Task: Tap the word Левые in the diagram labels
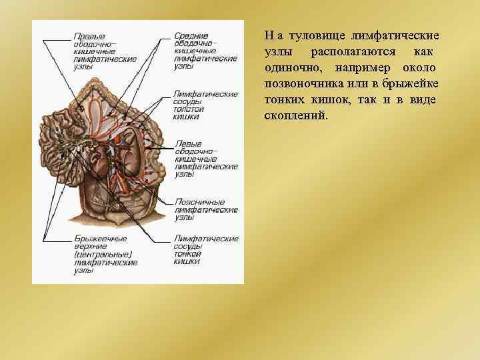[x=187, y=143]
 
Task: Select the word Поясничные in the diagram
[x=199, y=202]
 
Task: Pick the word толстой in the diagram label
[x=189, y=109]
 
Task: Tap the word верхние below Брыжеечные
[x=89, y=246]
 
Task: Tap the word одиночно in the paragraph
[x=291, y=67]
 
